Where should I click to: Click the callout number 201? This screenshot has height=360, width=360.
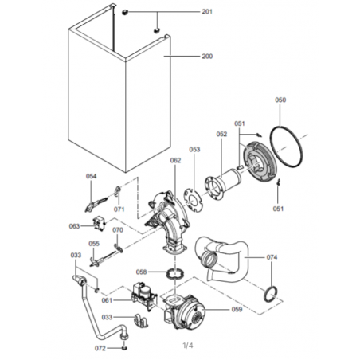[207, 12]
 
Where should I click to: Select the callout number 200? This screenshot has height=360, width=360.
[207, 57]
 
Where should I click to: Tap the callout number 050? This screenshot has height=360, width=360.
[280, 100]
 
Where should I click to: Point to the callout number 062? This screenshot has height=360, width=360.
[175, 160]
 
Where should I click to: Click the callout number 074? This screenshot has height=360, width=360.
[272, 257]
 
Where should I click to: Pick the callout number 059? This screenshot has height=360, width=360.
[237, 309]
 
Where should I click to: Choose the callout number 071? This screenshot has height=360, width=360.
[119, 209]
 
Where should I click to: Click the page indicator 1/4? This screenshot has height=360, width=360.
[188, 346]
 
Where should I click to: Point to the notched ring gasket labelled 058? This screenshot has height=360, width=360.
[175, 273]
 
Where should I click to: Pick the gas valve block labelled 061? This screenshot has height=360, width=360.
[144, 295]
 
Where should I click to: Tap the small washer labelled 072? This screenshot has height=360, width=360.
[124, 348]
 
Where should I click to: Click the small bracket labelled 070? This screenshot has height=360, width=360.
[119, 248]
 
